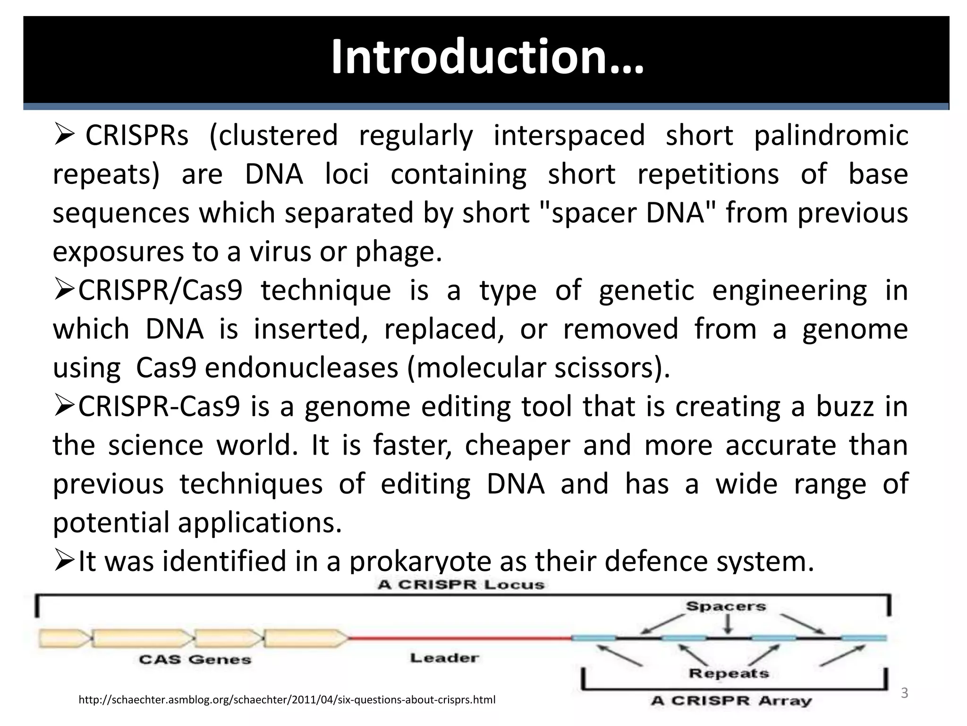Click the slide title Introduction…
click(487, 57)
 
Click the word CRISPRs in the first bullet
click(137, 136)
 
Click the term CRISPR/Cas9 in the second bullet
click(160, 291)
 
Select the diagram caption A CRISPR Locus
click(461, 585)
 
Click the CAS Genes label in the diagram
click(195, 660)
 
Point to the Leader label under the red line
click(444, 658)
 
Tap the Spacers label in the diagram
click(726, 606)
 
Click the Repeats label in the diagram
click(729, 673)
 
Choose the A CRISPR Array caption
click(731, 700)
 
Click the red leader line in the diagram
click(460, 638)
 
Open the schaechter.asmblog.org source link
click(287, 700)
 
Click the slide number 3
click(904, 693)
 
